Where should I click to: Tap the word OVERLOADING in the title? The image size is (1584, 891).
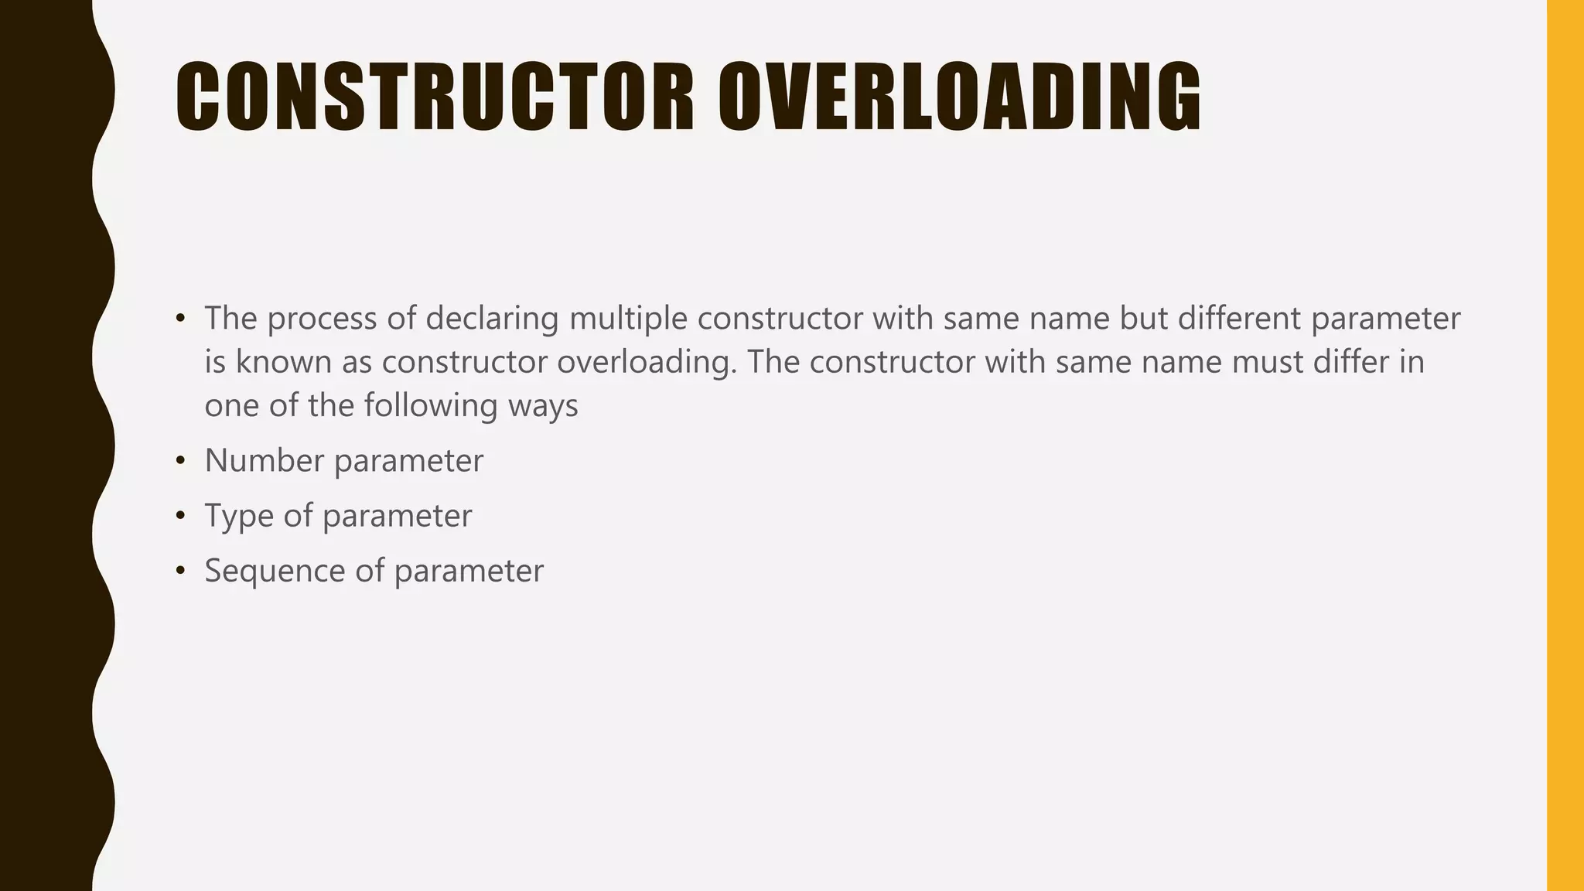tap(959, 97)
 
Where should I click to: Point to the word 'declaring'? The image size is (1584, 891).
tap(492, 319)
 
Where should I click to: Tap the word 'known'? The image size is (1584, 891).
tap(284, 362)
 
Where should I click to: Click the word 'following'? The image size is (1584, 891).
tap(431, 405)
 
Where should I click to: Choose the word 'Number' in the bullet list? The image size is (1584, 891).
tap(265, 461)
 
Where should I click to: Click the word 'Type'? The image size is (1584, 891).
tap(239, 516)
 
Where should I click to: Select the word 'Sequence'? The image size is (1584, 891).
tap(275, 571)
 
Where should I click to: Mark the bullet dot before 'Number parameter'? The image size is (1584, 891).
tap(180, 462)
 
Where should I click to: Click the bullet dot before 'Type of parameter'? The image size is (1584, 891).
tap(180, 517)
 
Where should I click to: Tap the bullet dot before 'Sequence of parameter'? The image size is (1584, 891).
tap(180, 572)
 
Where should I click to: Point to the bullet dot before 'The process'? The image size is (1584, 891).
tap(180, 319)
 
